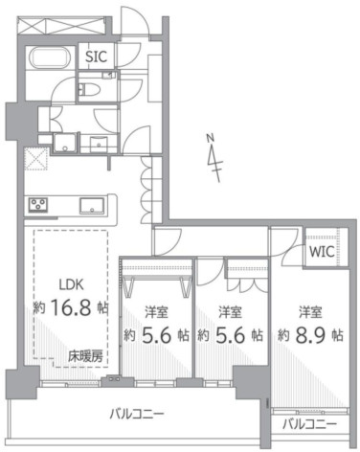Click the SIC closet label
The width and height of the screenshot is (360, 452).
click(96, 56)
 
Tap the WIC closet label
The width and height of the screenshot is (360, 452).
click(322, 252)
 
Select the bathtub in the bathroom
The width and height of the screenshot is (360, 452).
click(50, 57)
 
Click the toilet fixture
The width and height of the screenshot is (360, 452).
click(85, 89)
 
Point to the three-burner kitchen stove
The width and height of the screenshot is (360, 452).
click(38, 205)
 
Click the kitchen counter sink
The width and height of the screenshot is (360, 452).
click(92, 206)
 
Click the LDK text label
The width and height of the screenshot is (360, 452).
click(72, 284)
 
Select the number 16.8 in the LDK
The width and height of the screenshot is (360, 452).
click(71, 307)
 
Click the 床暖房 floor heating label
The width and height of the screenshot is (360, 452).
click(85, 356)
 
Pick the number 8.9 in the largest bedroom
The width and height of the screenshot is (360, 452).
click(309, 335)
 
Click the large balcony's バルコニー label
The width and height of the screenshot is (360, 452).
click(137, 415)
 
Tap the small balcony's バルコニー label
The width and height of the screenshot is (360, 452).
click(309, 424)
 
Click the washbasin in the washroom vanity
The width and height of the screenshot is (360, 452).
click(99, 143)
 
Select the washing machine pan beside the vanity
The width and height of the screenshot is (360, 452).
click(65, 143)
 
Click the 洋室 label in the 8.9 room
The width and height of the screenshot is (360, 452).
click(310, 312)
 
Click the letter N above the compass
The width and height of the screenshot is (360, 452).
click(210, 138)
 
